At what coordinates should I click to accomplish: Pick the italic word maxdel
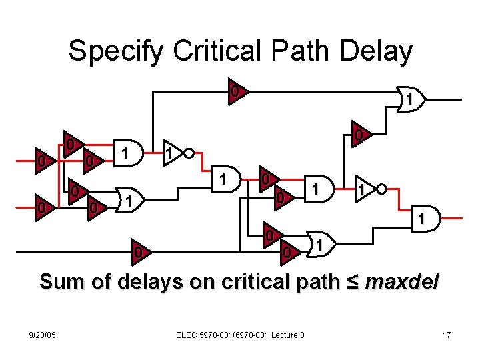tap(402, 282)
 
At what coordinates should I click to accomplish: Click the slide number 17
tap(447, 335)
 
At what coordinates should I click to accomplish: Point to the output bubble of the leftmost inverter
tap(189, 153)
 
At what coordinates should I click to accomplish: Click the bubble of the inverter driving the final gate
tap(381, 189)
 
